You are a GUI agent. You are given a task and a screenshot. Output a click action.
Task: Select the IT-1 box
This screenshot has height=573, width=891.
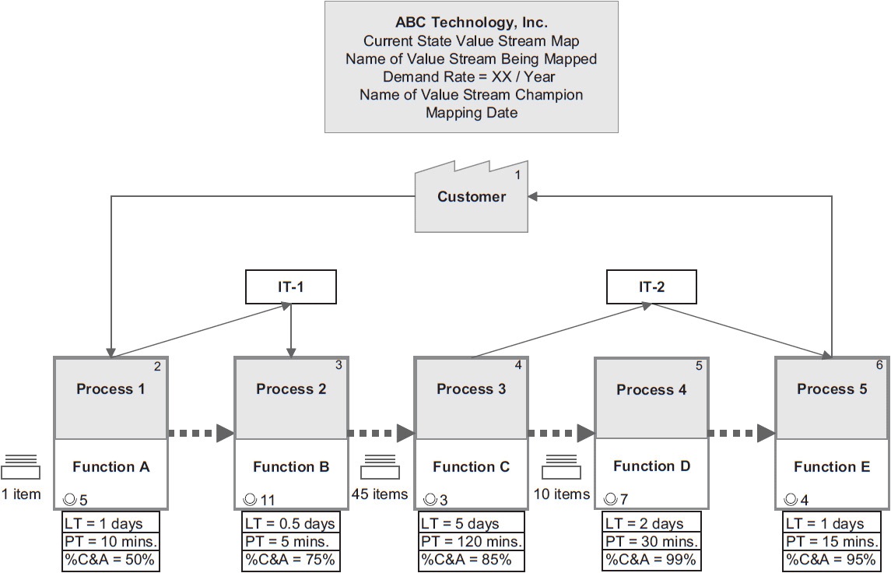tap(291, 287)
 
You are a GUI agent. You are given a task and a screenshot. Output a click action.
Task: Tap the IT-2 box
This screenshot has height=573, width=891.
tap(652, 287)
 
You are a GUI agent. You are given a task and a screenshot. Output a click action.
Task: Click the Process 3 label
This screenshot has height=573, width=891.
tap(471, 388)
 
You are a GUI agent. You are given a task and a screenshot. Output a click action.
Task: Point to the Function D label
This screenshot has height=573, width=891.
tap(651, 466)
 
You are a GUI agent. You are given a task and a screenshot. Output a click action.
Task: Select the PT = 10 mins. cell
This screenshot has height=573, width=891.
tap(111, 541)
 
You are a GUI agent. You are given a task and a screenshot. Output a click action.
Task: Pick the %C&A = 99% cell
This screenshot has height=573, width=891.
tap(652, 559)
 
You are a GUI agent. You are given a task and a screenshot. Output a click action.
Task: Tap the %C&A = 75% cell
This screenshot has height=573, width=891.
tap(291, 559)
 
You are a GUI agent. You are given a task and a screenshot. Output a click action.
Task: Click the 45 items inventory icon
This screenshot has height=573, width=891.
tap(381, 467)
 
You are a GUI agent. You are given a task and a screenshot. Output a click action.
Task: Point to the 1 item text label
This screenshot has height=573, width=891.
tap(21, 494)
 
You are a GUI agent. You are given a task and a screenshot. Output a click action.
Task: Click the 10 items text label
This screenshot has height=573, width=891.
tap(561, 494)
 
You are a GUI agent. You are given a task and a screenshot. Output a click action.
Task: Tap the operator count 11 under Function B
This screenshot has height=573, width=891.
tap(267, 500)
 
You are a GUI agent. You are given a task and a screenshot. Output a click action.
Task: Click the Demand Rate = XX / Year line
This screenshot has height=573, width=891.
tap(472, 77)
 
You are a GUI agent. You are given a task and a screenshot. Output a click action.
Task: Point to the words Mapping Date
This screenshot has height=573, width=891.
tap(472, 112)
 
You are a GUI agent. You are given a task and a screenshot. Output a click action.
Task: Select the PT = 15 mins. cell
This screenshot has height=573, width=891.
tap(832, 541)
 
